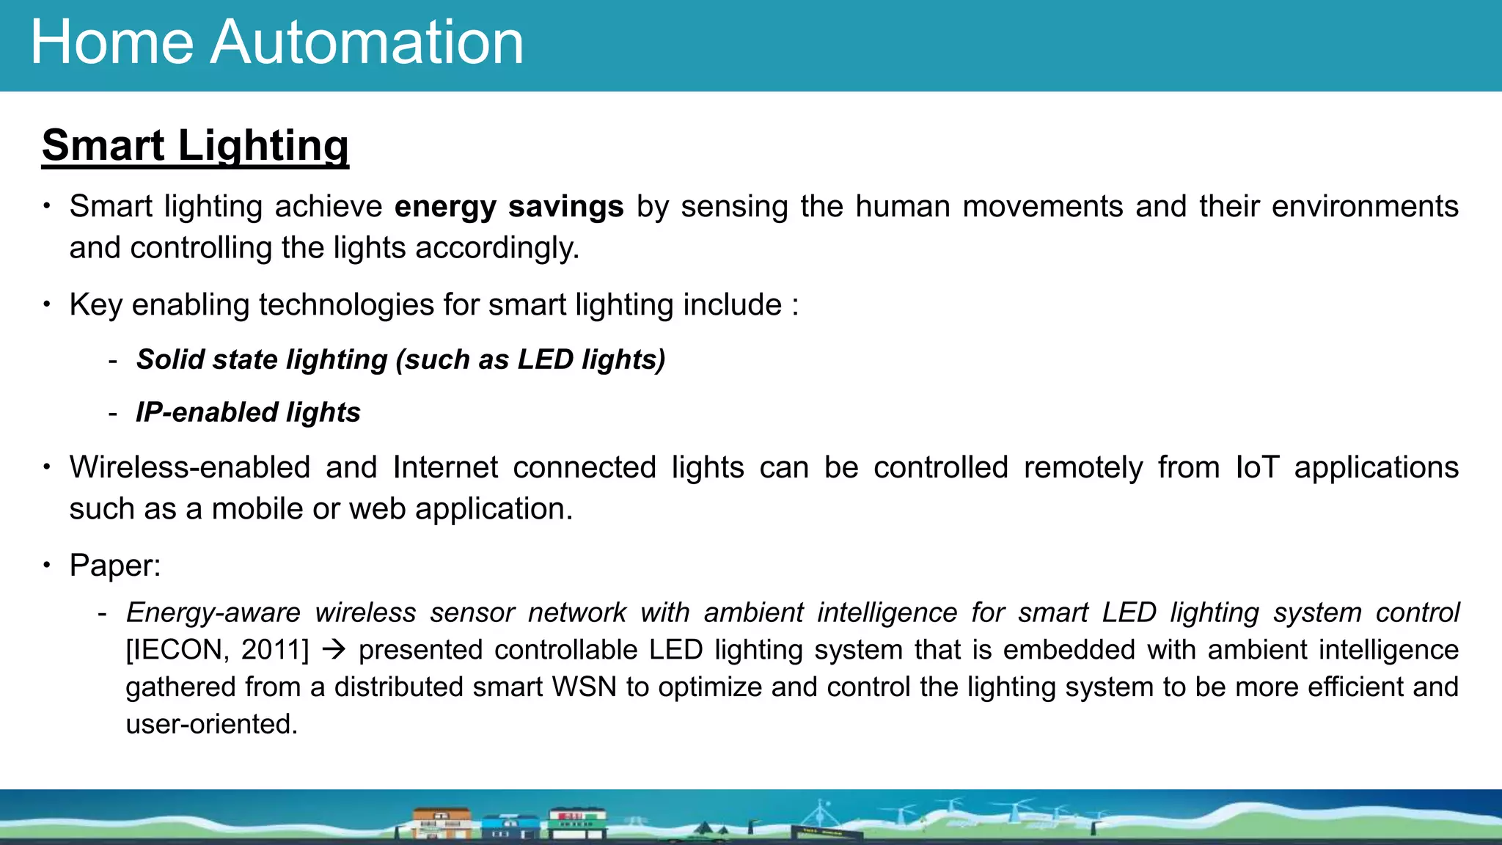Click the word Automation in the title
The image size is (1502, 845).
coord(367,43)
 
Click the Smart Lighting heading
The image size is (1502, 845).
coord(195,145)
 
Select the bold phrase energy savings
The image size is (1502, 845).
coord(509,207)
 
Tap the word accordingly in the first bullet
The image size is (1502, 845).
coord(497,248)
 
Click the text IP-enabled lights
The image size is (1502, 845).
coord(248,413)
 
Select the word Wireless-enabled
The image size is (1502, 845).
coord(190,468)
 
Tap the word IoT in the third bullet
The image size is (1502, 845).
coord(1257,468)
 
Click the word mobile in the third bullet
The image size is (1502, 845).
coord(257,509)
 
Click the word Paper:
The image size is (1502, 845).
coord(115,566)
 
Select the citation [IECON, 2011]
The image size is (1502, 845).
coord(218,651)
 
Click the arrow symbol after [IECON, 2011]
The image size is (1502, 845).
coord(334,651)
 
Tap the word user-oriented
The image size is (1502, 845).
coord(212,725)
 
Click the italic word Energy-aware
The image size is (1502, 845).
coord(213,613)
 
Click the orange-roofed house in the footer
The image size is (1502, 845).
coord(442,823)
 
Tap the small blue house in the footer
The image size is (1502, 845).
coord(510,827)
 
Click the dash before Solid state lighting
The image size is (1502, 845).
coord(112,361)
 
